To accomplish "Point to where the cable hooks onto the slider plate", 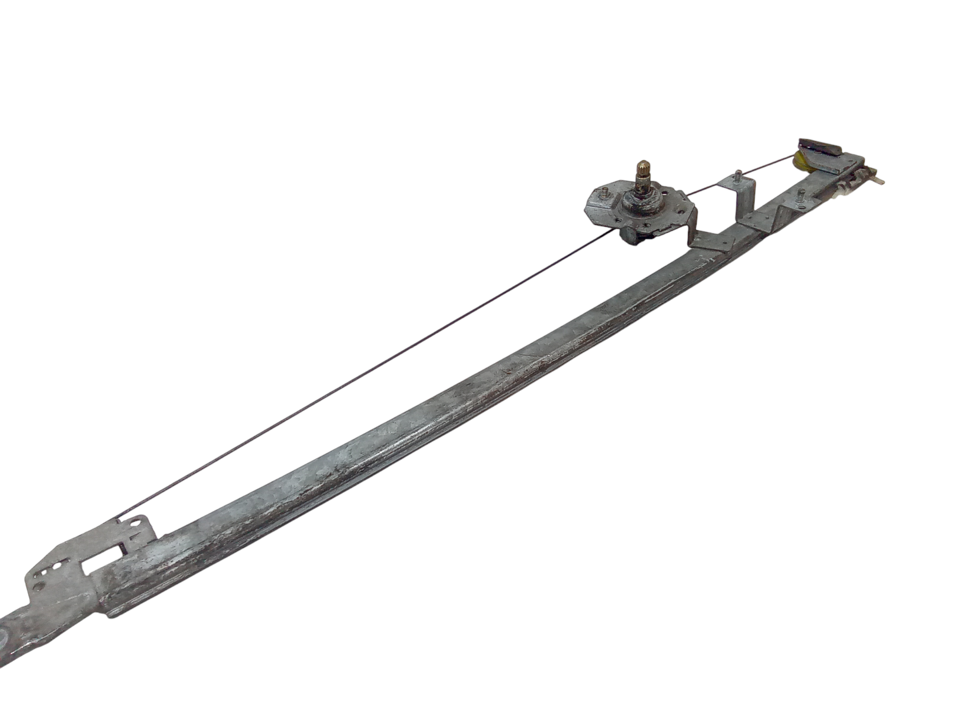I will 118,519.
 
